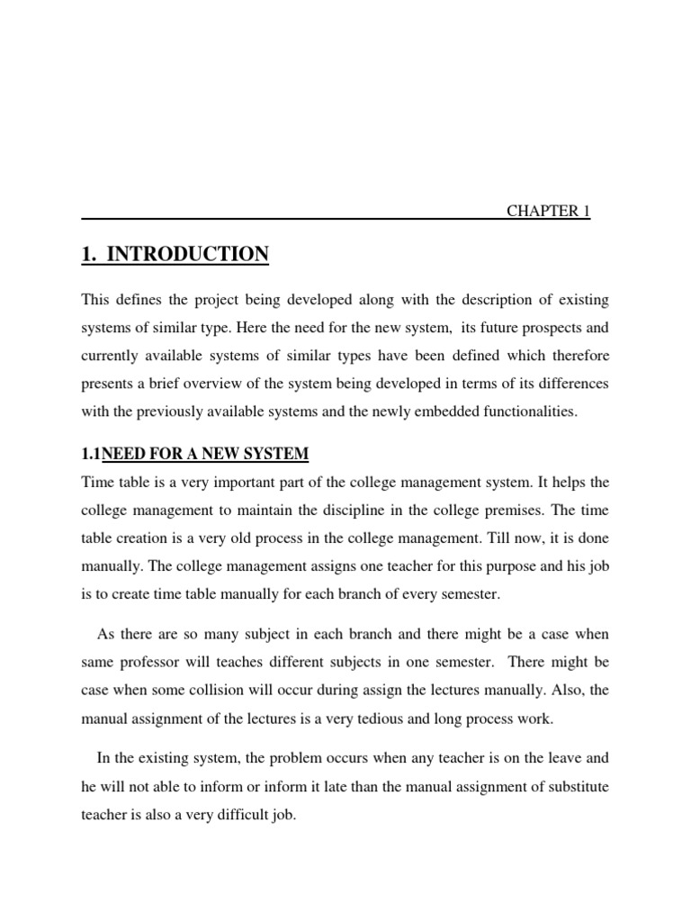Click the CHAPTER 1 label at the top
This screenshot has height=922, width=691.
point(548,211)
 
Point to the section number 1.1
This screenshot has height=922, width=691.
point(91,453)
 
